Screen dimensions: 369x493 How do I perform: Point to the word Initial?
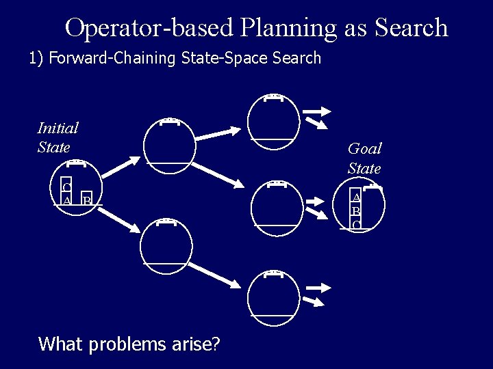pyautogui.click(x=58, y=128)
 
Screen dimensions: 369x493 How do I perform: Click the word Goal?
pyautogui.click(x=364, y=148)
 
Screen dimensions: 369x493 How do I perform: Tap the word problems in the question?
pyautogui.click(x=143, y=343)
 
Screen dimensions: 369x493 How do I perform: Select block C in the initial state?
pyautogui.click(x=66, y=187)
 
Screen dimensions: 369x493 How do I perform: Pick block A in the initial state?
pyautogui.click(x=66, y=200)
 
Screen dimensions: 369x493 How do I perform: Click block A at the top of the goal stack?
pyautogui.click(x=356, y=197)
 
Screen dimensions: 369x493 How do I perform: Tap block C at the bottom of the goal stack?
pyautogui.click(x=356, y=224)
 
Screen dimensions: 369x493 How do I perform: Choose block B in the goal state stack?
pyautogui.click(x=356, y=211)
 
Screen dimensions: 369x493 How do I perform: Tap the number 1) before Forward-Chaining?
pyautogui.click(x=36, y=58)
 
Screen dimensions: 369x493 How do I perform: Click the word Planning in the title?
pyautogui.click(x=288, y=28)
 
